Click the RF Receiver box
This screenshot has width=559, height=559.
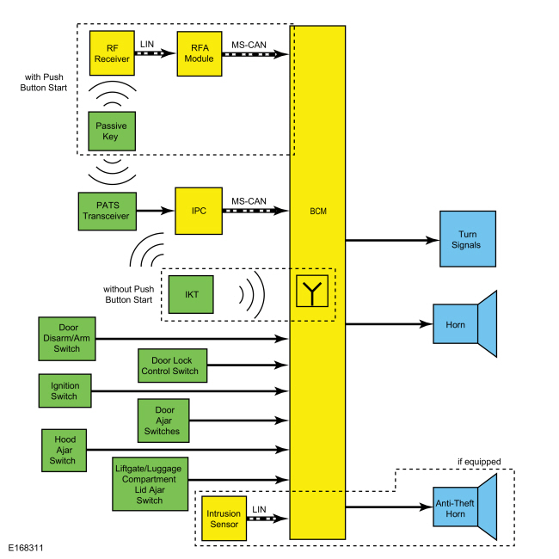point(113,53)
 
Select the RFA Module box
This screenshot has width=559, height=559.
point(200,53)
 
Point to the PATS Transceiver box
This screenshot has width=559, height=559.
point(106,210)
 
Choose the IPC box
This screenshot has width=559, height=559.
point(199,210)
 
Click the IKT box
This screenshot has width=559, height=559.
point(192,295)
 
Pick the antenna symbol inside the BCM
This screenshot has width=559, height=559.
point(313,292)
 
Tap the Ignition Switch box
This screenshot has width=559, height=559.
point(64,391)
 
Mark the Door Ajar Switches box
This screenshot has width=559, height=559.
point(163,419)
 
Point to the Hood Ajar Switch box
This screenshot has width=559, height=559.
point(63,449)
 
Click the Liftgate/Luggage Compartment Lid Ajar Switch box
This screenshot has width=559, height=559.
point(150,485)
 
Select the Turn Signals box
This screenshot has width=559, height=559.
point(469,239)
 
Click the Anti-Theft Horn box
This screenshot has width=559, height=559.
point(456,507)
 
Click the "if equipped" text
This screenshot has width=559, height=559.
point(478,462)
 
